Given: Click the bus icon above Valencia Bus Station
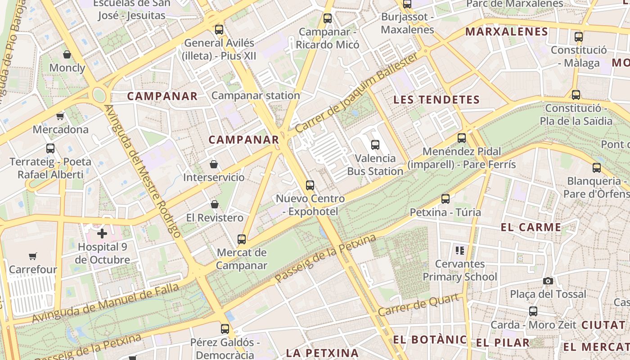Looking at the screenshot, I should (375, 145).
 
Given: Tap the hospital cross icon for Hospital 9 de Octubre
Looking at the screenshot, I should (102, 234).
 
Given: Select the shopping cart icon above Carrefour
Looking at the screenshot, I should (32, 256).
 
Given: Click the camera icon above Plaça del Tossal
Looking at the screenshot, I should (548, 281).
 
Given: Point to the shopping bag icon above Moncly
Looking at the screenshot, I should (67, 55).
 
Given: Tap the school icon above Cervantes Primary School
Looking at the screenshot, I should (459, 250).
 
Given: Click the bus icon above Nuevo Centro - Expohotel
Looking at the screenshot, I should (310, 185).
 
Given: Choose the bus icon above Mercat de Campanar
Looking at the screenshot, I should (242, 239).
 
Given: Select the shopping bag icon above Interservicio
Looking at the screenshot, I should (214, 164).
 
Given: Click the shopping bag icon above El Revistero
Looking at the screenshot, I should (215, 204).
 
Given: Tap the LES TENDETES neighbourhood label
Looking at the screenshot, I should (436, 100).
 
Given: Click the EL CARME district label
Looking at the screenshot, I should (531, 227).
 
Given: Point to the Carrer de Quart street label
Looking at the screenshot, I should (420, 305).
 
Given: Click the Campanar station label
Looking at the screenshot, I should (256, 95).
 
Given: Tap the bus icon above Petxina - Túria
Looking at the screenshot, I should (445, 199).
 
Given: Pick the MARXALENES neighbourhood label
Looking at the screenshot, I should (506, 32).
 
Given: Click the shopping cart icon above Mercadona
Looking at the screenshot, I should (60, 117).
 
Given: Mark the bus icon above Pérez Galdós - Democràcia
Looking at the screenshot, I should (225, 329).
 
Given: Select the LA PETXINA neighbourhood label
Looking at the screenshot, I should (322, 353).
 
